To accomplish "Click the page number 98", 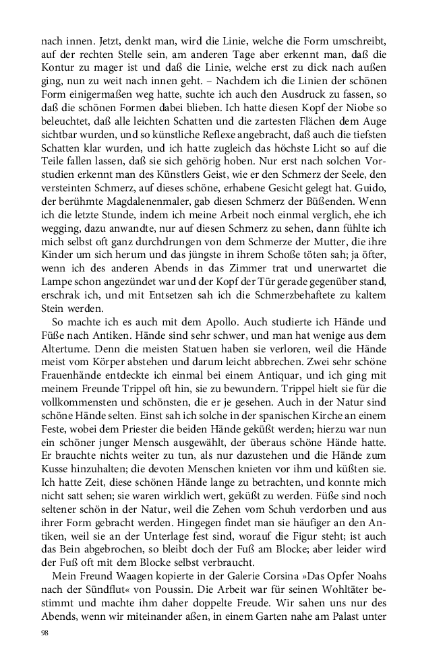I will tap(45, 633).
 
